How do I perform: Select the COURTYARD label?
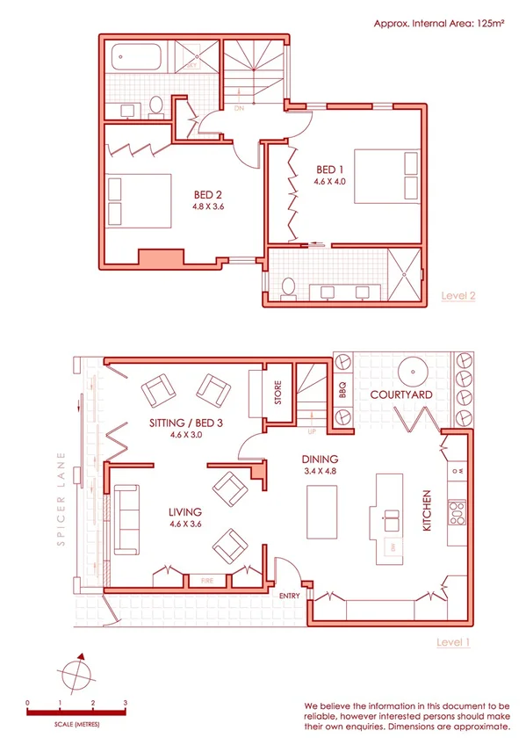point(400,395)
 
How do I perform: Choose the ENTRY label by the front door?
point(289,597)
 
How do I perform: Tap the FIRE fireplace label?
point(208,580)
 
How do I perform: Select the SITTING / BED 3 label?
point(186,423)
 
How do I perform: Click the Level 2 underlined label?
point(457,296)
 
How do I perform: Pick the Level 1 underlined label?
point(453,642)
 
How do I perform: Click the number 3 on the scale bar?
point(126,704)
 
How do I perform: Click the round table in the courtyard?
point(409,370)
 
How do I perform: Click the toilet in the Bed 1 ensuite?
point(288,286)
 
